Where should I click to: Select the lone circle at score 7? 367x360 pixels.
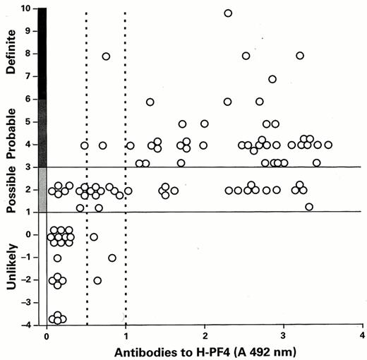(x=272, y=79)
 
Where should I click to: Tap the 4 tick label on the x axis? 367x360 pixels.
(x=362, y=335)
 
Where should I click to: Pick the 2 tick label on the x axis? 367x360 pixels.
(x=205, y=335)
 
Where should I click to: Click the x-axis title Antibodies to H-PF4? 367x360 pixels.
(x=204, y=351)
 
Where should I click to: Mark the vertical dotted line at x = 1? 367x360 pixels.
(x=126, y=212)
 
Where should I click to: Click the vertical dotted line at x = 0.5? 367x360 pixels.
(x=86, y=212)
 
